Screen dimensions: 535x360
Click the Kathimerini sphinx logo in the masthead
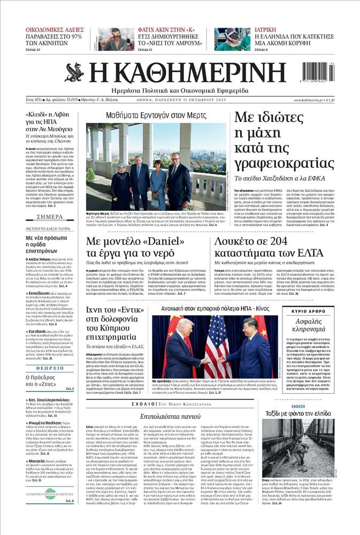coord(74,73)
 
